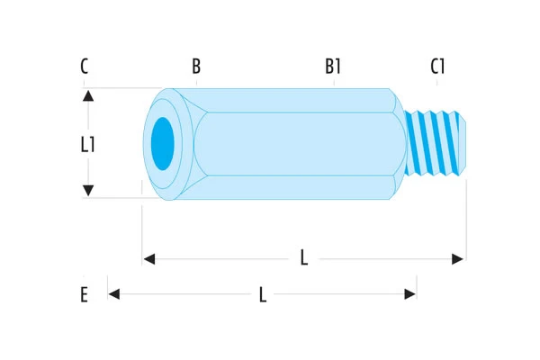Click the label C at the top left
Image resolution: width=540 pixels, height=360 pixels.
tap(84, 67)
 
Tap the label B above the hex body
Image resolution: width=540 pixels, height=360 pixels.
tap(196, 67)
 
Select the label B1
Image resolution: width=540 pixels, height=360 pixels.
tap(333, 67)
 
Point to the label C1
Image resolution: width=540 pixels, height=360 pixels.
tap(438, 67)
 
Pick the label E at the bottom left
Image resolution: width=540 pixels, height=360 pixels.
tap(84, 294)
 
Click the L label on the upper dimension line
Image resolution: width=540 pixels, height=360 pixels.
tap(304, 259)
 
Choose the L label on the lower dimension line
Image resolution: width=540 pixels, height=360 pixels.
tap(262, 294)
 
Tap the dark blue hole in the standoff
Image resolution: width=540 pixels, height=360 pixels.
tap(162, 141)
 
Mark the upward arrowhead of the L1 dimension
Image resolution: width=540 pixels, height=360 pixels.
tap(88, 94)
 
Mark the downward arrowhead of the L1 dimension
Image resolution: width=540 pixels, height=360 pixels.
tap(88, 191)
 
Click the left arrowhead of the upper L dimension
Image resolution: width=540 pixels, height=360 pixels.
tap(149, 259)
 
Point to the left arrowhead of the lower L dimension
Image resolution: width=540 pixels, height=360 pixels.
tap(114, 293)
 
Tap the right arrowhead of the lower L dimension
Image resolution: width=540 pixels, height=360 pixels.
tap(410, 293)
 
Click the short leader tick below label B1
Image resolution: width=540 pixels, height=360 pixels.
tap(334, 83)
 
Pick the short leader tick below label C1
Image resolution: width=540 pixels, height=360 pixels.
tap(438, 83)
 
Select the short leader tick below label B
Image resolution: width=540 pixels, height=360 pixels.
tap(196, 83)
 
